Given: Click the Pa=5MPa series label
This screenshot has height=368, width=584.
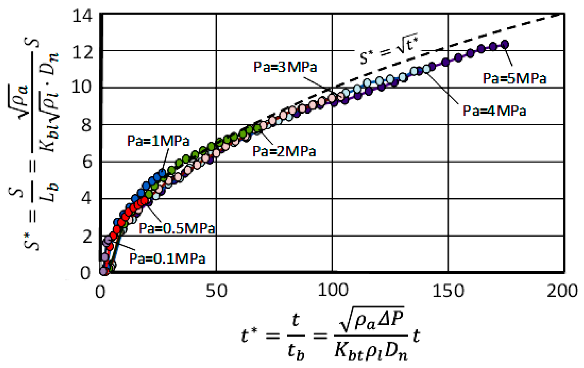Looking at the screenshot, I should click(x=514, y=78).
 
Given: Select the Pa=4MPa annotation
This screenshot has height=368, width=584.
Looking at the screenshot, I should click(x=494, y=111).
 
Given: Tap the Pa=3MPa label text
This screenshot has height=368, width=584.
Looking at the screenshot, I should click(x=285, y=67).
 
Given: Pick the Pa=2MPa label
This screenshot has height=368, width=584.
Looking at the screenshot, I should click(x=284, y=151).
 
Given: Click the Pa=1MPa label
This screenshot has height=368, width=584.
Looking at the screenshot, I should click(x=158, y=141).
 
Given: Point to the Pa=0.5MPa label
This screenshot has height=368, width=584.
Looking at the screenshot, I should click(x=177, y=228).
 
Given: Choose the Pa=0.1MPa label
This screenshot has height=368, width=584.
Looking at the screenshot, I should click(x=167, y=259).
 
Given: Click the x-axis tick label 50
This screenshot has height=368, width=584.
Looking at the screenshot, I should click(x=216, y=291).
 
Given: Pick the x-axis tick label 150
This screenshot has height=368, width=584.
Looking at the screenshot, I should click(x=448, y=291).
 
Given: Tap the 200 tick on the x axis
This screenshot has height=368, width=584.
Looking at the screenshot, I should click(x=562, y=291).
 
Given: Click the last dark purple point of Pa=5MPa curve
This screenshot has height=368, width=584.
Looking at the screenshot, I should click(x=505, y=44).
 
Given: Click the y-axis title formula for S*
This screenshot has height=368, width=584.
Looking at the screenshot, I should click(x=33, y=145).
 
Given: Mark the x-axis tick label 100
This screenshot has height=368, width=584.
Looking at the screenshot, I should click(x=332, y=291).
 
